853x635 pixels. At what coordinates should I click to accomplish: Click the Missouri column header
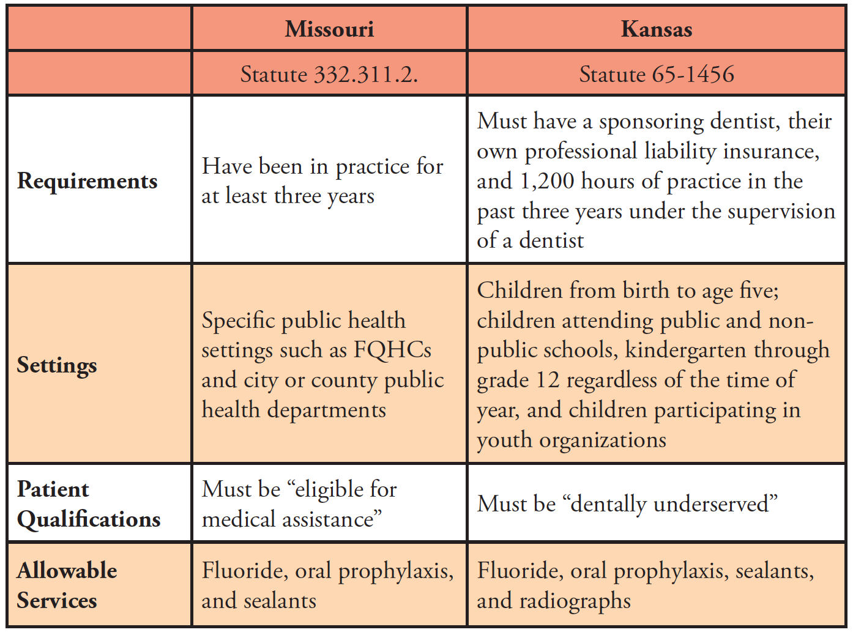click(x=329, y=29)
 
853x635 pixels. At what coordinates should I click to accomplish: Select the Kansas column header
click(x=657, y=29)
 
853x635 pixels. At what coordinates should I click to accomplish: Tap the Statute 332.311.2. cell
click(x=329, y=74)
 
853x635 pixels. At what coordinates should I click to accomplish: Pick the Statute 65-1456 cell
click(x=657, y=74)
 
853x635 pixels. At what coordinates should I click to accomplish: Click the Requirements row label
click(x=88, y=181)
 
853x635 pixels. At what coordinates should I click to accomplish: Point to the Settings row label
click(x=57, y=365)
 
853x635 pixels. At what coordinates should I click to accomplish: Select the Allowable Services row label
click(x=67, y=585)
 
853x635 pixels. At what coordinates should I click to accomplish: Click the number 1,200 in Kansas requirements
click(x=547, y=181)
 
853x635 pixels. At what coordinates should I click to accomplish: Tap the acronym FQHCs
click(x=393, y=350)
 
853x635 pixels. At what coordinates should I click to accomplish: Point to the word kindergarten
click(x=686, y=350)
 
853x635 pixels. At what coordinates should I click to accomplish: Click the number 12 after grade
click(x=548, y=380)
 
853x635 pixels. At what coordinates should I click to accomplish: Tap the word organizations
click(x=603, y=440)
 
